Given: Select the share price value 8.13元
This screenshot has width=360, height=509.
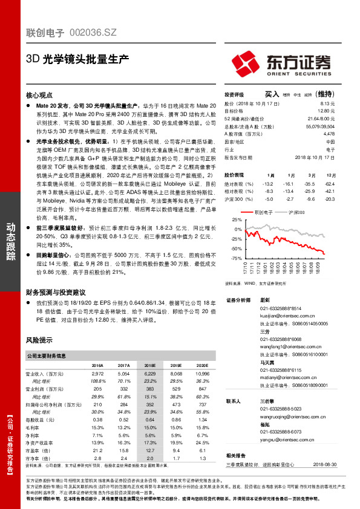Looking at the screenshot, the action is [328, 103].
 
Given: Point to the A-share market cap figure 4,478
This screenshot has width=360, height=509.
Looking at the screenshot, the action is [329, 134].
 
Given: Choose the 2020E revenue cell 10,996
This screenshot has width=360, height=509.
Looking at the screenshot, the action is [201, 375].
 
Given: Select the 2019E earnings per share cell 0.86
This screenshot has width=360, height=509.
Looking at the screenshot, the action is [176, 419].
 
